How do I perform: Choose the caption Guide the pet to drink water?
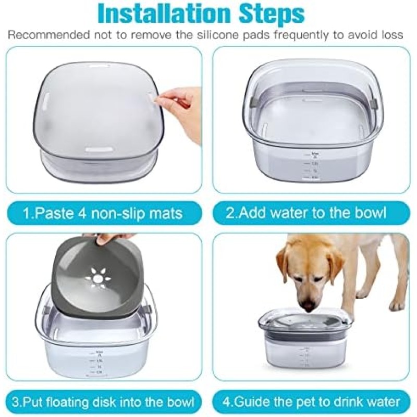pyautogui.click(x=311, y=402)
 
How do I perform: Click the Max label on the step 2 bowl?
pyautogui.click(x=314, y=153)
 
